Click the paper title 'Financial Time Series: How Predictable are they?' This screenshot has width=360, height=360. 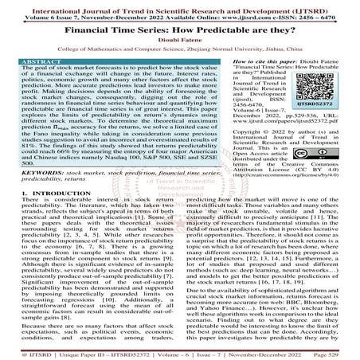point(179,29)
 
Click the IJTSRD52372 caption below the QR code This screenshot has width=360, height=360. point(335,127)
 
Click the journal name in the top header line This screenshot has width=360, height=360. point(180,5)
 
